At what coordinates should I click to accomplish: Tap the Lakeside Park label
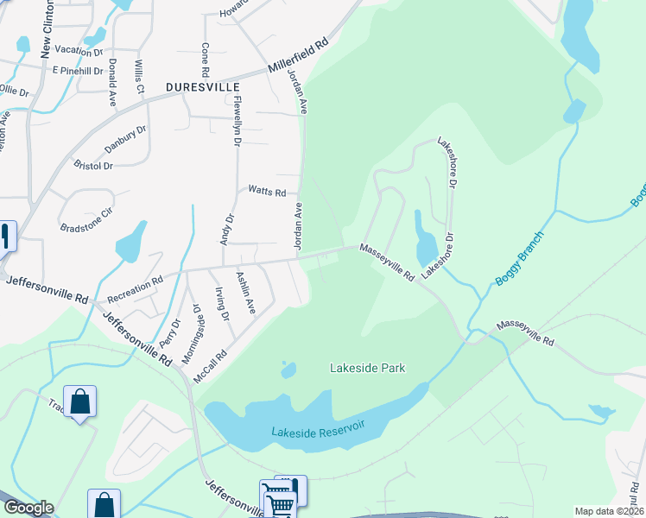click(x=368, y=368)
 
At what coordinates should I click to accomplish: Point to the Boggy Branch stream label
click(x=520, y=260)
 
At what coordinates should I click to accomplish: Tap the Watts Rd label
click(x=267, y=191)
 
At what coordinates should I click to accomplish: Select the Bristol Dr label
click(x=94, y=165)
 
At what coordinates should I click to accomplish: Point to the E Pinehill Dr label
click(x=78, y=69)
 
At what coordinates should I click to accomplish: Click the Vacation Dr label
click(x=79, y=51)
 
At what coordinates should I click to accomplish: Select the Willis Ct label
click(x=138, y=77)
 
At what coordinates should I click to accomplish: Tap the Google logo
click(x=28, y=508)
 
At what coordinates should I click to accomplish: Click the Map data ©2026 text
click(x=609, y=511)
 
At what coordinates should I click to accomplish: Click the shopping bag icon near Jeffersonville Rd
click(x=79, y=401)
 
